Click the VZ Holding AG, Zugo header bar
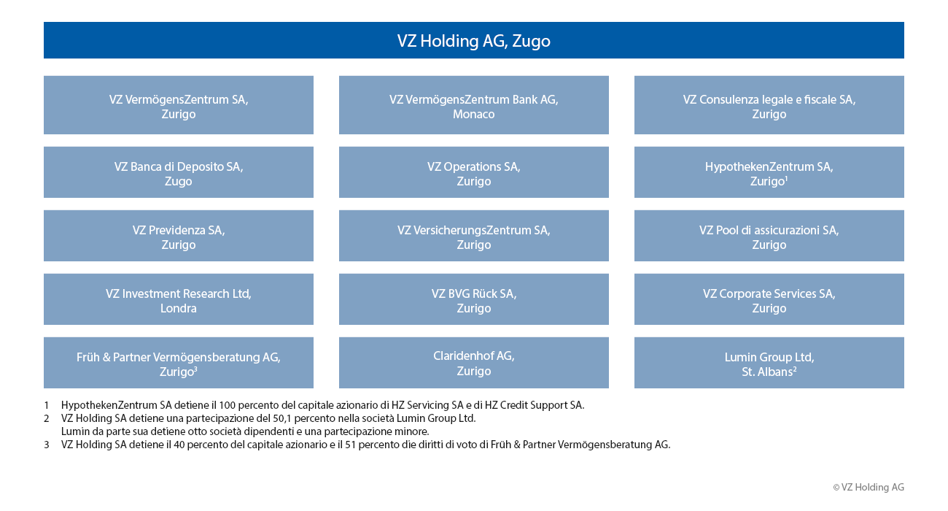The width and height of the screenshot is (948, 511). (x=473, y=40)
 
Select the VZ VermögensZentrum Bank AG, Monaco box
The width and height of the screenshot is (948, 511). (x=473, y=105)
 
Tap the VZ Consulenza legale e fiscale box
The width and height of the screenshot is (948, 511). (x=769, y=105)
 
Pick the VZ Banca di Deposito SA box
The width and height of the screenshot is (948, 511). (x=178, y=172)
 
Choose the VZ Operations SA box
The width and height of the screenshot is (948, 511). (x=473, y=172)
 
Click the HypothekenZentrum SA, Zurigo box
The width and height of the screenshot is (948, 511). (x=769, y=172)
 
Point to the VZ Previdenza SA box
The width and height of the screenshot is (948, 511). (x=178, y=236)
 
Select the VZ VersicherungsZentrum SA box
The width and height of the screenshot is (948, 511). (x=473, y=236)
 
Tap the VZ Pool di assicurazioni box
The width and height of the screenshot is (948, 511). (x=769, y=236)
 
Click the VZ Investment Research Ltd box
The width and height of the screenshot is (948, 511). (x=178, y=299)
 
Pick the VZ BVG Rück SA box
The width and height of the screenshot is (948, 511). (x=473, y=299)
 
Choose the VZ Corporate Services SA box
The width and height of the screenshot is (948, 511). (x=769, y=299)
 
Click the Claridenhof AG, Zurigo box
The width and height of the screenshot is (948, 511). (x=473, y=363)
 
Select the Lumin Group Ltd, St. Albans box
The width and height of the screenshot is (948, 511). (x=769, y=363)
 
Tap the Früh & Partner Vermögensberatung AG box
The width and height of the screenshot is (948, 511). (x=178, y=363)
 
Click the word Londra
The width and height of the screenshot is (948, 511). (x=178, y=308)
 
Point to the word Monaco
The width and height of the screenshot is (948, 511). (x=473, y=114)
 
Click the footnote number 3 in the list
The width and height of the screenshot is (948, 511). (x=47, y=445)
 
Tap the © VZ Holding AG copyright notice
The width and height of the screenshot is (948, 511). (x=869, y=487)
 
